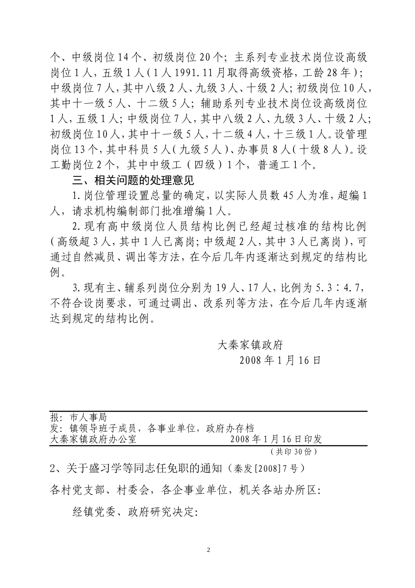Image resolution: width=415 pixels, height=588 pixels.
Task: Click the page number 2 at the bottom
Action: coord(208,550)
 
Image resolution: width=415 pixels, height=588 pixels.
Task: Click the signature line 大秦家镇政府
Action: coord(251,345)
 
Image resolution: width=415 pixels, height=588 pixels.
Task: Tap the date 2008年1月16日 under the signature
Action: coord(280,360)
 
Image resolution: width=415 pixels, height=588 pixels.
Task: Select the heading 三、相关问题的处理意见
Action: coord(133,180)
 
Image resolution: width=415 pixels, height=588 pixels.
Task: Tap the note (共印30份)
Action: coord(293,451)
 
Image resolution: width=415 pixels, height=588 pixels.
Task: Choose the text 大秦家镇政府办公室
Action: coord(93,439)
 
